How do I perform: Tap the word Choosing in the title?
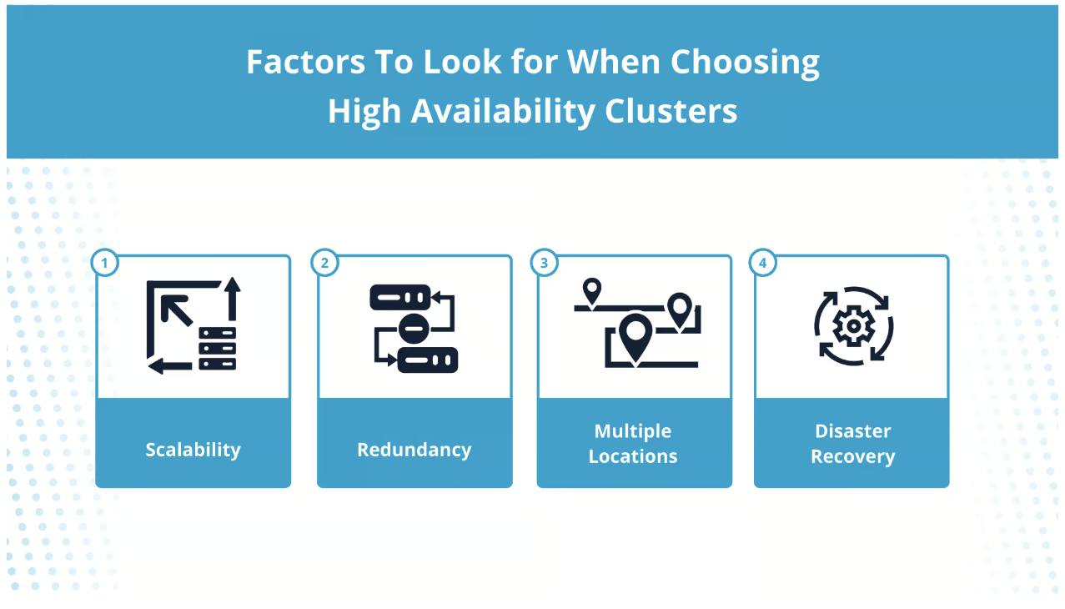pos(745,63)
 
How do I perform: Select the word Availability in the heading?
pos(503,112)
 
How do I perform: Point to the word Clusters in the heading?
pos(671,111)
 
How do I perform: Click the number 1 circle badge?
pos(104,263)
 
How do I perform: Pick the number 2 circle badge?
pos(324,263)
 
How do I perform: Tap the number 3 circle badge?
pos(545,263)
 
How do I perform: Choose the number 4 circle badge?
pos(763,263)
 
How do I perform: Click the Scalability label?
pos(193,450)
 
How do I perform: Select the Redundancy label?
pos(414,450)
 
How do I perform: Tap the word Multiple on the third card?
pos(633,431)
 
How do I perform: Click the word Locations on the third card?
pos(633,456)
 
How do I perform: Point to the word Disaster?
pos(853,431)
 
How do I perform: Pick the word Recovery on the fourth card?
pos(853,456)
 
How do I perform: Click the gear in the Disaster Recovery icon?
pos(854,326)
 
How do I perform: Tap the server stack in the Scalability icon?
pos(218,349)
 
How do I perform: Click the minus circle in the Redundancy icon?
pos(414,329)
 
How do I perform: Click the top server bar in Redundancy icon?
pos(400,298)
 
